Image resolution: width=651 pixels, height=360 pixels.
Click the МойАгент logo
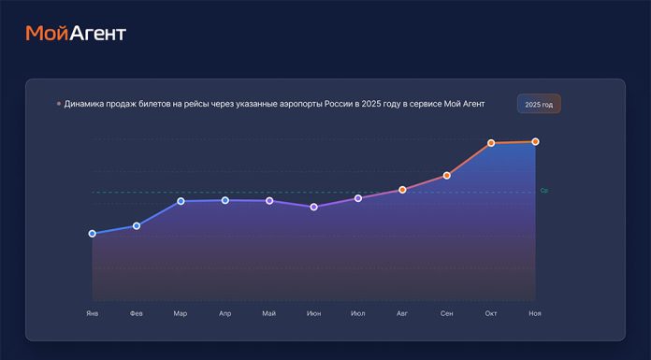[76, 34]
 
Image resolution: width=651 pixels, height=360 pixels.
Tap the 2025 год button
[539, 105]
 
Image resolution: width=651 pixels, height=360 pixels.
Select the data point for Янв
[92, 234]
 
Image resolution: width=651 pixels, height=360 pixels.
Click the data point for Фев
[137, 226]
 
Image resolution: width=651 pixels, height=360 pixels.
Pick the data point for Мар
[181, 201]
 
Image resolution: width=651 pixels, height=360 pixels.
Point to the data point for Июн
[314, 207]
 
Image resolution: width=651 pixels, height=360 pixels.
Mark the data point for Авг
[402, 190]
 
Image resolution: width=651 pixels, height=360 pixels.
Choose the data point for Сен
[447, 176]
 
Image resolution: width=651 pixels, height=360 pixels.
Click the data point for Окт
[491, 143]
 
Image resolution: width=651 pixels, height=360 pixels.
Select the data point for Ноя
[535, 142]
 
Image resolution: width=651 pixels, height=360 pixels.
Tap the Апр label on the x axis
[224, 313]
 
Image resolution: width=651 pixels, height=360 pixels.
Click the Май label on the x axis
[269, 313]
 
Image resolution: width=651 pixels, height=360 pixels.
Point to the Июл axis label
[357, 313]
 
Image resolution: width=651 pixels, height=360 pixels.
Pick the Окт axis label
[491, 313]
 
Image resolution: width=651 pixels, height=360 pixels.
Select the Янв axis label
[92, 313]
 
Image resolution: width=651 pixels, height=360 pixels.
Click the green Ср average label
[544, 191]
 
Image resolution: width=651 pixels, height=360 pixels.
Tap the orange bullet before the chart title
[59, 104]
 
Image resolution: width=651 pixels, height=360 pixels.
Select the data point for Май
[269, 201]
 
